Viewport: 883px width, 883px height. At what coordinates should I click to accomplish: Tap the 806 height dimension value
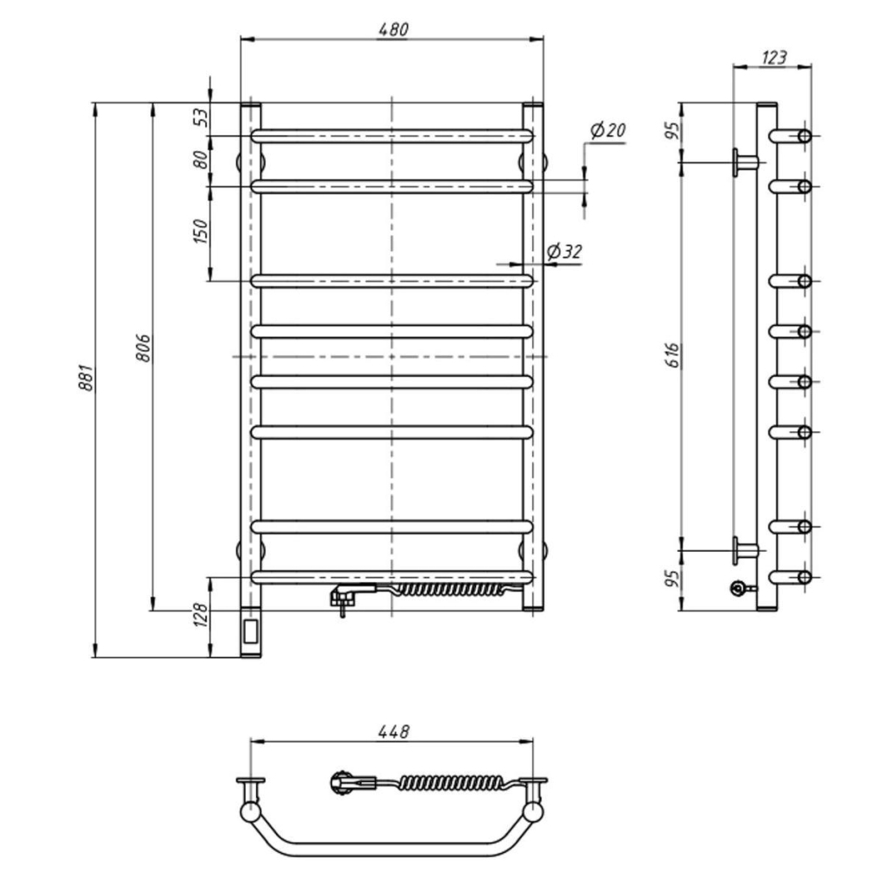143,348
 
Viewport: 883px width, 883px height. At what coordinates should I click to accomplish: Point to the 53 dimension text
200,117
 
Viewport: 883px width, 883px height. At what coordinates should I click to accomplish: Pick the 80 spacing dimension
200,160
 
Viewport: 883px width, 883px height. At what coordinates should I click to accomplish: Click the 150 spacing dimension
200,232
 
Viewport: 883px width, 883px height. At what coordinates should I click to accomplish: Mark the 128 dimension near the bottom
200,615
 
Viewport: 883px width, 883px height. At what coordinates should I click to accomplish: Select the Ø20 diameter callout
607,131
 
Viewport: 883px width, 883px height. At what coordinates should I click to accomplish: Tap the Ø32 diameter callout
565,252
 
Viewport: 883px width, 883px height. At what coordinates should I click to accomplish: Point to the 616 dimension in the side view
673,354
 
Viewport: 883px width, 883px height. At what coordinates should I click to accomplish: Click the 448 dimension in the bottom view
392,731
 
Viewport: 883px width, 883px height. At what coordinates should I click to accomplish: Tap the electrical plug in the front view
349,594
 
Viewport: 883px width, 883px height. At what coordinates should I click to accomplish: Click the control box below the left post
251,634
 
